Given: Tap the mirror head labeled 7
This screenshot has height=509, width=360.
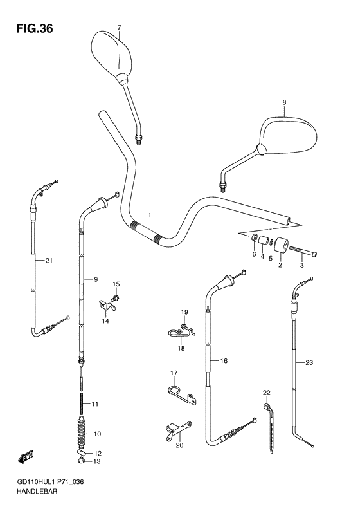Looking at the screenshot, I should click(111, 56).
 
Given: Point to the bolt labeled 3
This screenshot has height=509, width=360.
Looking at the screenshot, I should click(301, 251).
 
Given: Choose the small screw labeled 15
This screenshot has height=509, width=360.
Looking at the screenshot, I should click(116, 297).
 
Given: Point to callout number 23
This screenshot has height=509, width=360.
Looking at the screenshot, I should click(309, 364).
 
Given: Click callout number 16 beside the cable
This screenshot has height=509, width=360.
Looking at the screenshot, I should click(224, 361).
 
